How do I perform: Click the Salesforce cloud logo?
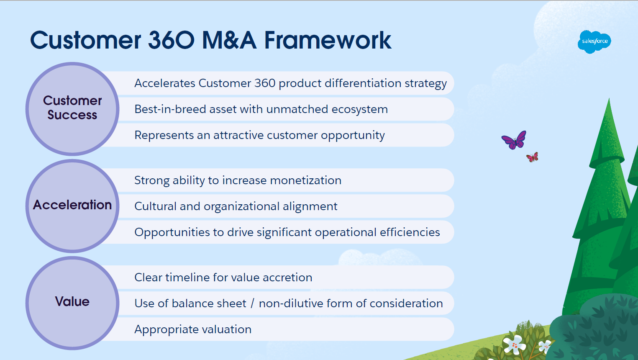tap(594, 41)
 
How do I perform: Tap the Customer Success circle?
tap(72, 109)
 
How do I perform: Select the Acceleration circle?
tap(72, 206)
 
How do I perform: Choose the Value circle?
tap(72, 303)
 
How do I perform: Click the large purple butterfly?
tap(514, 140)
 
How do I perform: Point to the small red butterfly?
tap(532, 157)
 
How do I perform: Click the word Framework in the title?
tap(328, 41)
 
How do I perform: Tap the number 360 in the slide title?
tap(171, 41)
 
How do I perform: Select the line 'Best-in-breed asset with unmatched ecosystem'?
tap(261, 109)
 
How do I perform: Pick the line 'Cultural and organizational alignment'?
tap(236, 206)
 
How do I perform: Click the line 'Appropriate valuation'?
tap(193, 329)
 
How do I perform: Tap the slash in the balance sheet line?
tap(253, 303)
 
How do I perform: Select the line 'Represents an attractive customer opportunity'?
tap(259, 135)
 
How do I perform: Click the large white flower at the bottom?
tap(514, 345)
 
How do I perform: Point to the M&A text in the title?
tap(229, 41)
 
